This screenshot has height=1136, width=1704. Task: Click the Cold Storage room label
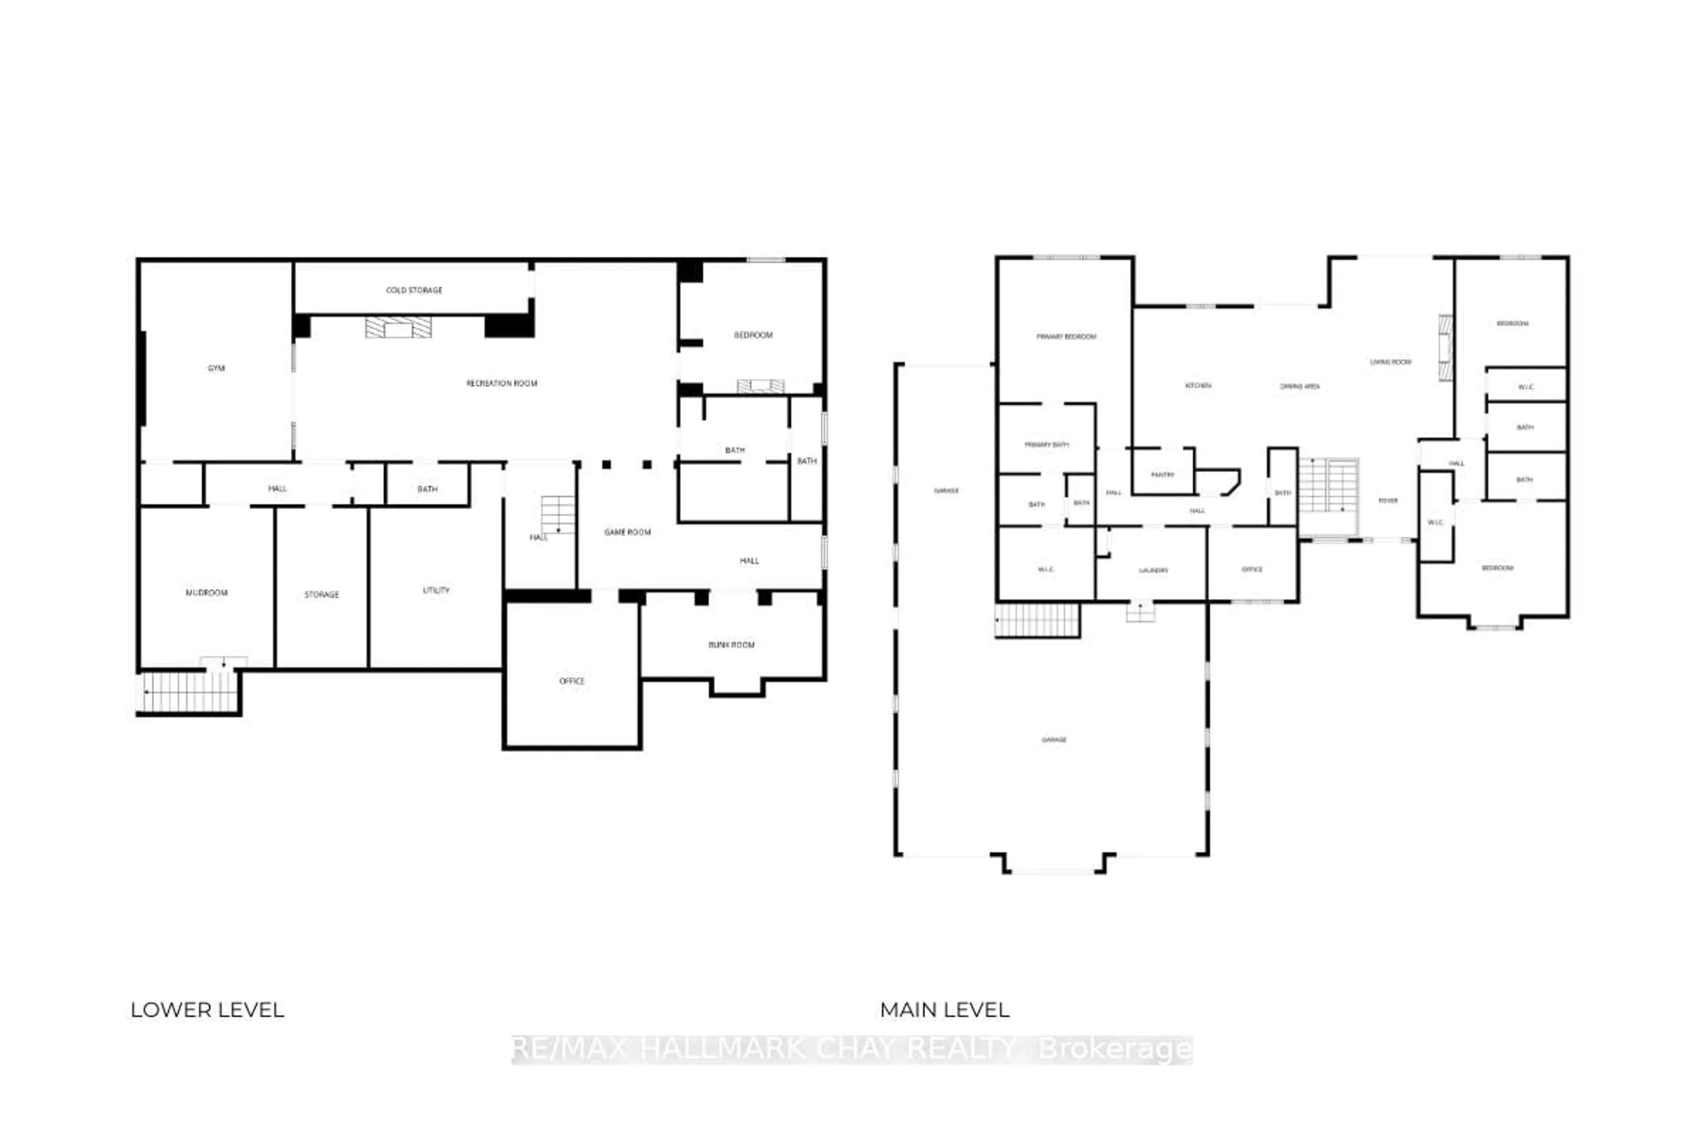(x=414, y=290)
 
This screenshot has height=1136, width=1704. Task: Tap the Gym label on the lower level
(x=216, y=368)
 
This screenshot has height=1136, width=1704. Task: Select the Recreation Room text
(x=501, y=383)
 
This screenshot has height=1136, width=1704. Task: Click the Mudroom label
(x=206, y=593)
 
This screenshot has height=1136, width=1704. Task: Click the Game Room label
(x=627, y=532)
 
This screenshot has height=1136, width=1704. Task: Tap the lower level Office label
(x=572, y=681)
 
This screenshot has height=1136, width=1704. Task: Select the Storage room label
(x=321, y=595)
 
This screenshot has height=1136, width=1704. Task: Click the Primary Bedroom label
(x=1066, y=337)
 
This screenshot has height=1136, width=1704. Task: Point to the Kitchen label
(x=1198, y=386)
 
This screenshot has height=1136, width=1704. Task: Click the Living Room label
(x=1390, y=362)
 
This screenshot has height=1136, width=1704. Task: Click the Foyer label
(x=1388, y=501)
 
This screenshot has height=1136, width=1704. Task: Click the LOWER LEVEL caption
(x=207, y=1010)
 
